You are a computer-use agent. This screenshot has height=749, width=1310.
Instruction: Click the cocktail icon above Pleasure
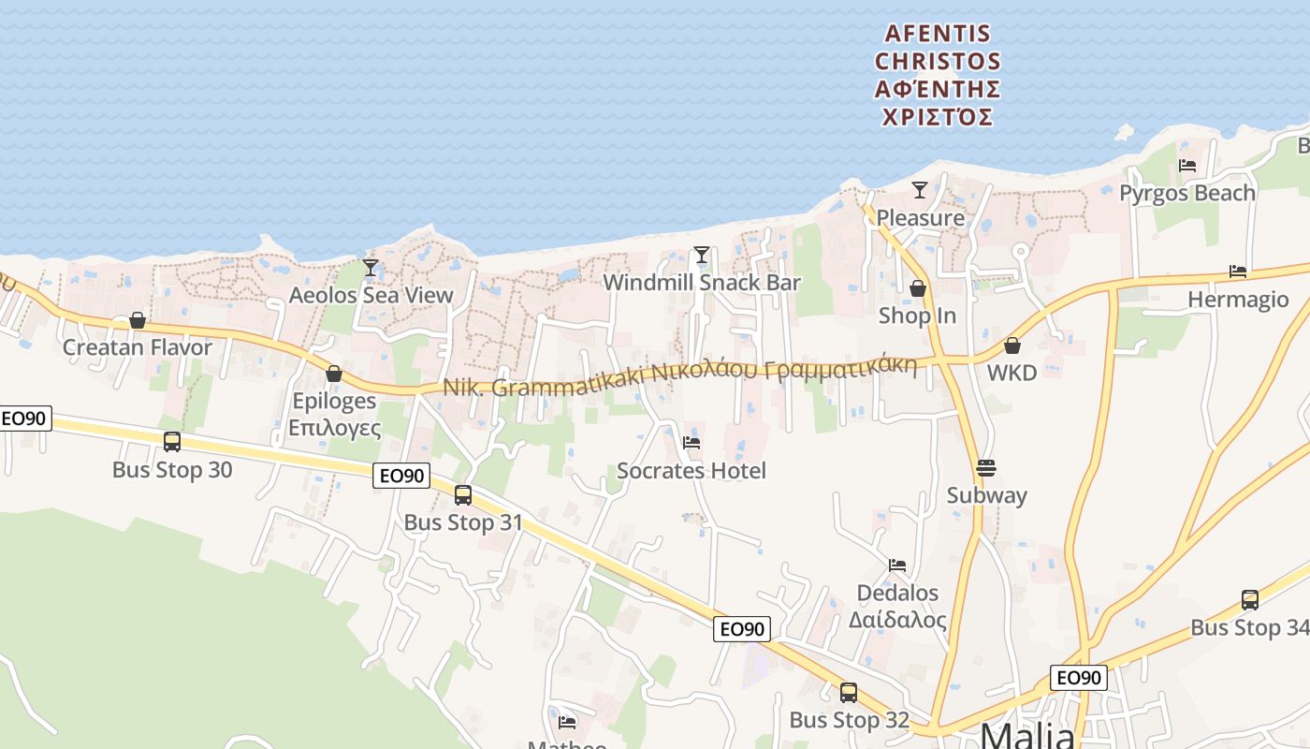920,190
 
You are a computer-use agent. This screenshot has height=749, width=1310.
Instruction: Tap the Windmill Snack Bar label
702,283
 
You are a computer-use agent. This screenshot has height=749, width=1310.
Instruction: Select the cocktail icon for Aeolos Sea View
371,268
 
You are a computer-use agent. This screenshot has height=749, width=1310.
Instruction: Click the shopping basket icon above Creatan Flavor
138,320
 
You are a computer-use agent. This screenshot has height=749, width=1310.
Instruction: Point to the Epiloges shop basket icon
334,374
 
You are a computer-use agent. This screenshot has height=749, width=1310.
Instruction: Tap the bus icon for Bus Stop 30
172,441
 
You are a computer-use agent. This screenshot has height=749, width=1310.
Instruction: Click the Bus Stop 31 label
463,522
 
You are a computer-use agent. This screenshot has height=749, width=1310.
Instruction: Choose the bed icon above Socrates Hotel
691,442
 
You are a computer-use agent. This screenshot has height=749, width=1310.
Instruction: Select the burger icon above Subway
986,468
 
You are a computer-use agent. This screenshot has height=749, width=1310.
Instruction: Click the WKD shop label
1012,373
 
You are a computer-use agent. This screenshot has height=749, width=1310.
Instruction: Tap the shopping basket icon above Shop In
918,288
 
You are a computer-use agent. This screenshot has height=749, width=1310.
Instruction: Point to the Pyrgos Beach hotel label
1187,193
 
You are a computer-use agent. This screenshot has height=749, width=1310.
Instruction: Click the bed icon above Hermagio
1238,272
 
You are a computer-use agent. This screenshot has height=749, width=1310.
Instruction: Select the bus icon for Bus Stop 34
1249,600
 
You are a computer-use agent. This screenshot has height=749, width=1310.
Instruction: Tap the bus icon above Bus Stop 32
849,693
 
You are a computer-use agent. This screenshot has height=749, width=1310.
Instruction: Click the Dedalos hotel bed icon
897,565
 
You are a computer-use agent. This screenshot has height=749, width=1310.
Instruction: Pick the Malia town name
1026,737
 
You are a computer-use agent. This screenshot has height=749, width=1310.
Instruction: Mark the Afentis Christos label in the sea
938,75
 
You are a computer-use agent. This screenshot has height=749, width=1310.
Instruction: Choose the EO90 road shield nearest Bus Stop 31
401,476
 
